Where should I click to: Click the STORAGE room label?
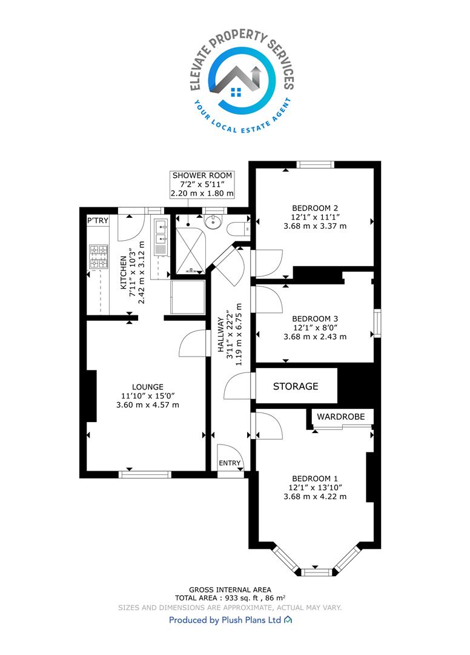coord(295,386)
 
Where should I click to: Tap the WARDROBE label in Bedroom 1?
coord(341,417)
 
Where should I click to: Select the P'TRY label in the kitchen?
coord(98,220)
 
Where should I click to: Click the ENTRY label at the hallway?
coord(230,463)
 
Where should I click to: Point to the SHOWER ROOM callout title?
coord(202,175)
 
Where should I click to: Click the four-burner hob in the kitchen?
coord(98,257)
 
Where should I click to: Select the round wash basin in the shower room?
coord(214,221)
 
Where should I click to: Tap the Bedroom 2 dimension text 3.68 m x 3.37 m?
coord(315,226)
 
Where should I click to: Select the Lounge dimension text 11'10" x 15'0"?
coord(148,395)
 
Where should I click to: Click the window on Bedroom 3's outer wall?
coord(377,323)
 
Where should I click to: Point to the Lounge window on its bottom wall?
coord(145,474)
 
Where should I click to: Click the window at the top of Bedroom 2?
coord(316,164)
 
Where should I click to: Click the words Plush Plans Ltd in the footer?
coord(251,620)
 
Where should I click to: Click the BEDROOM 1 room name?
coord(315,479)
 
